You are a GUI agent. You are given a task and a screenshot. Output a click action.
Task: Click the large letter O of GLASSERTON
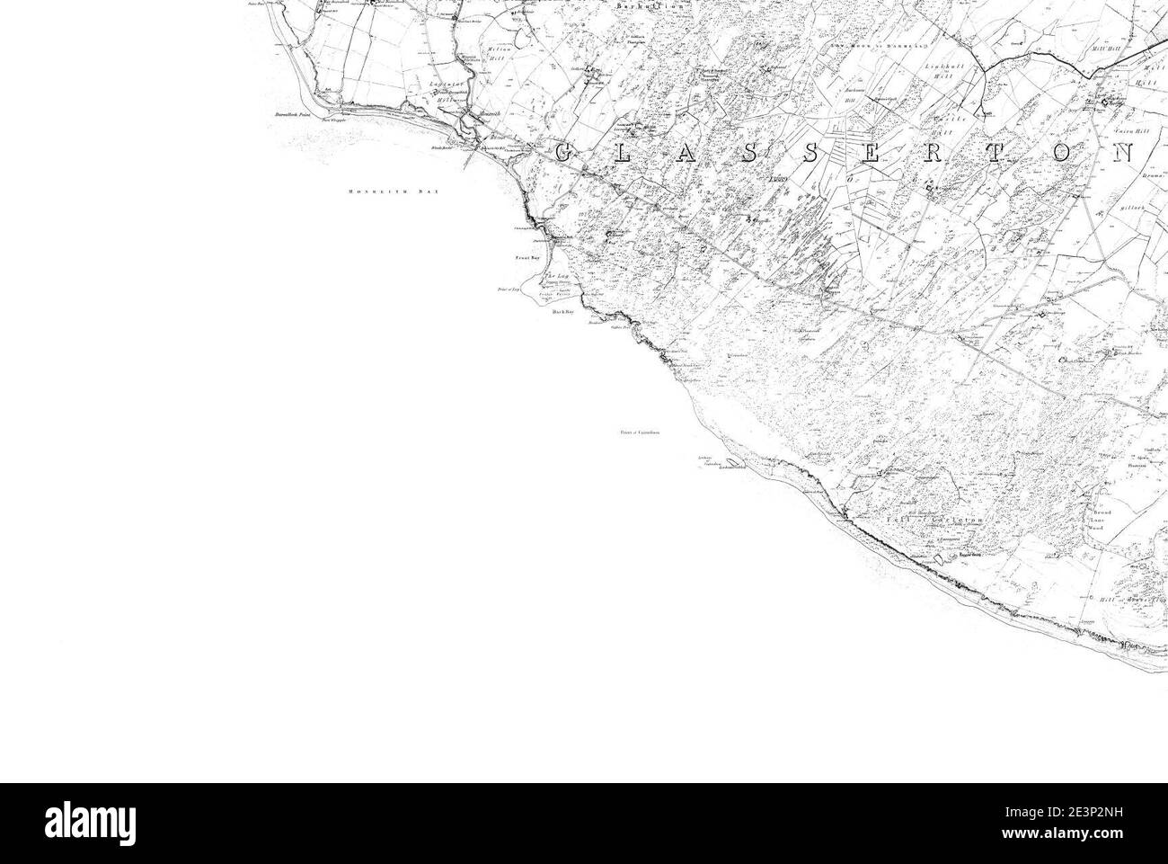click(x=1061, y=153)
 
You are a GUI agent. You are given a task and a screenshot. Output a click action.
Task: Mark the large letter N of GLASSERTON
click(x=1124, y=153)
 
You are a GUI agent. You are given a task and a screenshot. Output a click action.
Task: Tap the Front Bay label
click(x=525, y=258)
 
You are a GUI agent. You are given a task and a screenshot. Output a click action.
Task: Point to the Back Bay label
click(x=562, y=311)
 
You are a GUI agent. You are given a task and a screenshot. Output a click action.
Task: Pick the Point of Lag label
click(x=509, y=289)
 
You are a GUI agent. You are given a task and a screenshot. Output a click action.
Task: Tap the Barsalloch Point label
click(x=292, y=116)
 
